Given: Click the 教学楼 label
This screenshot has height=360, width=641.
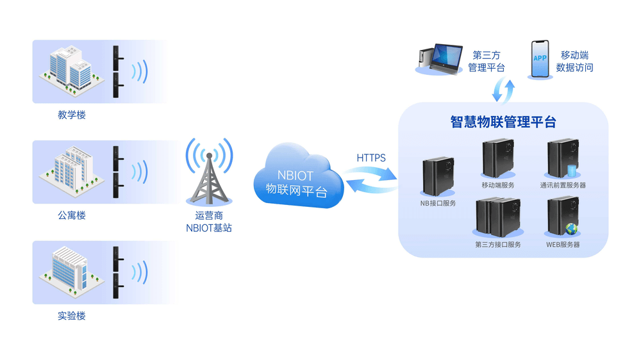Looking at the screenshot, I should coord(72,115).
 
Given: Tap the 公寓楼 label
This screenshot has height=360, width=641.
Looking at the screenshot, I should coord(72,215).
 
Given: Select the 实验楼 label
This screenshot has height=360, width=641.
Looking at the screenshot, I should coord(72,316).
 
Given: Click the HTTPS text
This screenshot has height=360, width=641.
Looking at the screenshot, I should coord(371,157).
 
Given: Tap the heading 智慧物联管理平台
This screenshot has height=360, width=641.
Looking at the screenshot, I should coord(503,122).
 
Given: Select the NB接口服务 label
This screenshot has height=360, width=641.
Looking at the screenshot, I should coord(438,204).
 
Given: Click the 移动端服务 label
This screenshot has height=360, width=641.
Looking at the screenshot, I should coord(497,185).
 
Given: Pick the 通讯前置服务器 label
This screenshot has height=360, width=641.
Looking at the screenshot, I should coord(563,185).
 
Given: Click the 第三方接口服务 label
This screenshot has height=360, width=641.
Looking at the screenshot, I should coord(498,245).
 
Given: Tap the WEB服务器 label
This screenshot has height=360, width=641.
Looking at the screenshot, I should coord(563,245).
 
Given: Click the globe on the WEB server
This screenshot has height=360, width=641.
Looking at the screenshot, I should coord(571,229).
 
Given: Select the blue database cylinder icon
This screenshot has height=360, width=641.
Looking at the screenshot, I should coord(572,171).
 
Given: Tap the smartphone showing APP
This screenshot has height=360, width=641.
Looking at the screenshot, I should coord(540,60).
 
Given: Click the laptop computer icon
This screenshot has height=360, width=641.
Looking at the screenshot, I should coord(441,58).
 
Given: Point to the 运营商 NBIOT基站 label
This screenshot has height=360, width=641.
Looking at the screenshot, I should coord(209,222).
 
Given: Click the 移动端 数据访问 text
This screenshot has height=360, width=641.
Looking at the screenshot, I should coord(574,61).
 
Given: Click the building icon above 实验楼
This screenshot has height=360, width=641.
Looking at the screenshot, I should coord(67,271).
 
